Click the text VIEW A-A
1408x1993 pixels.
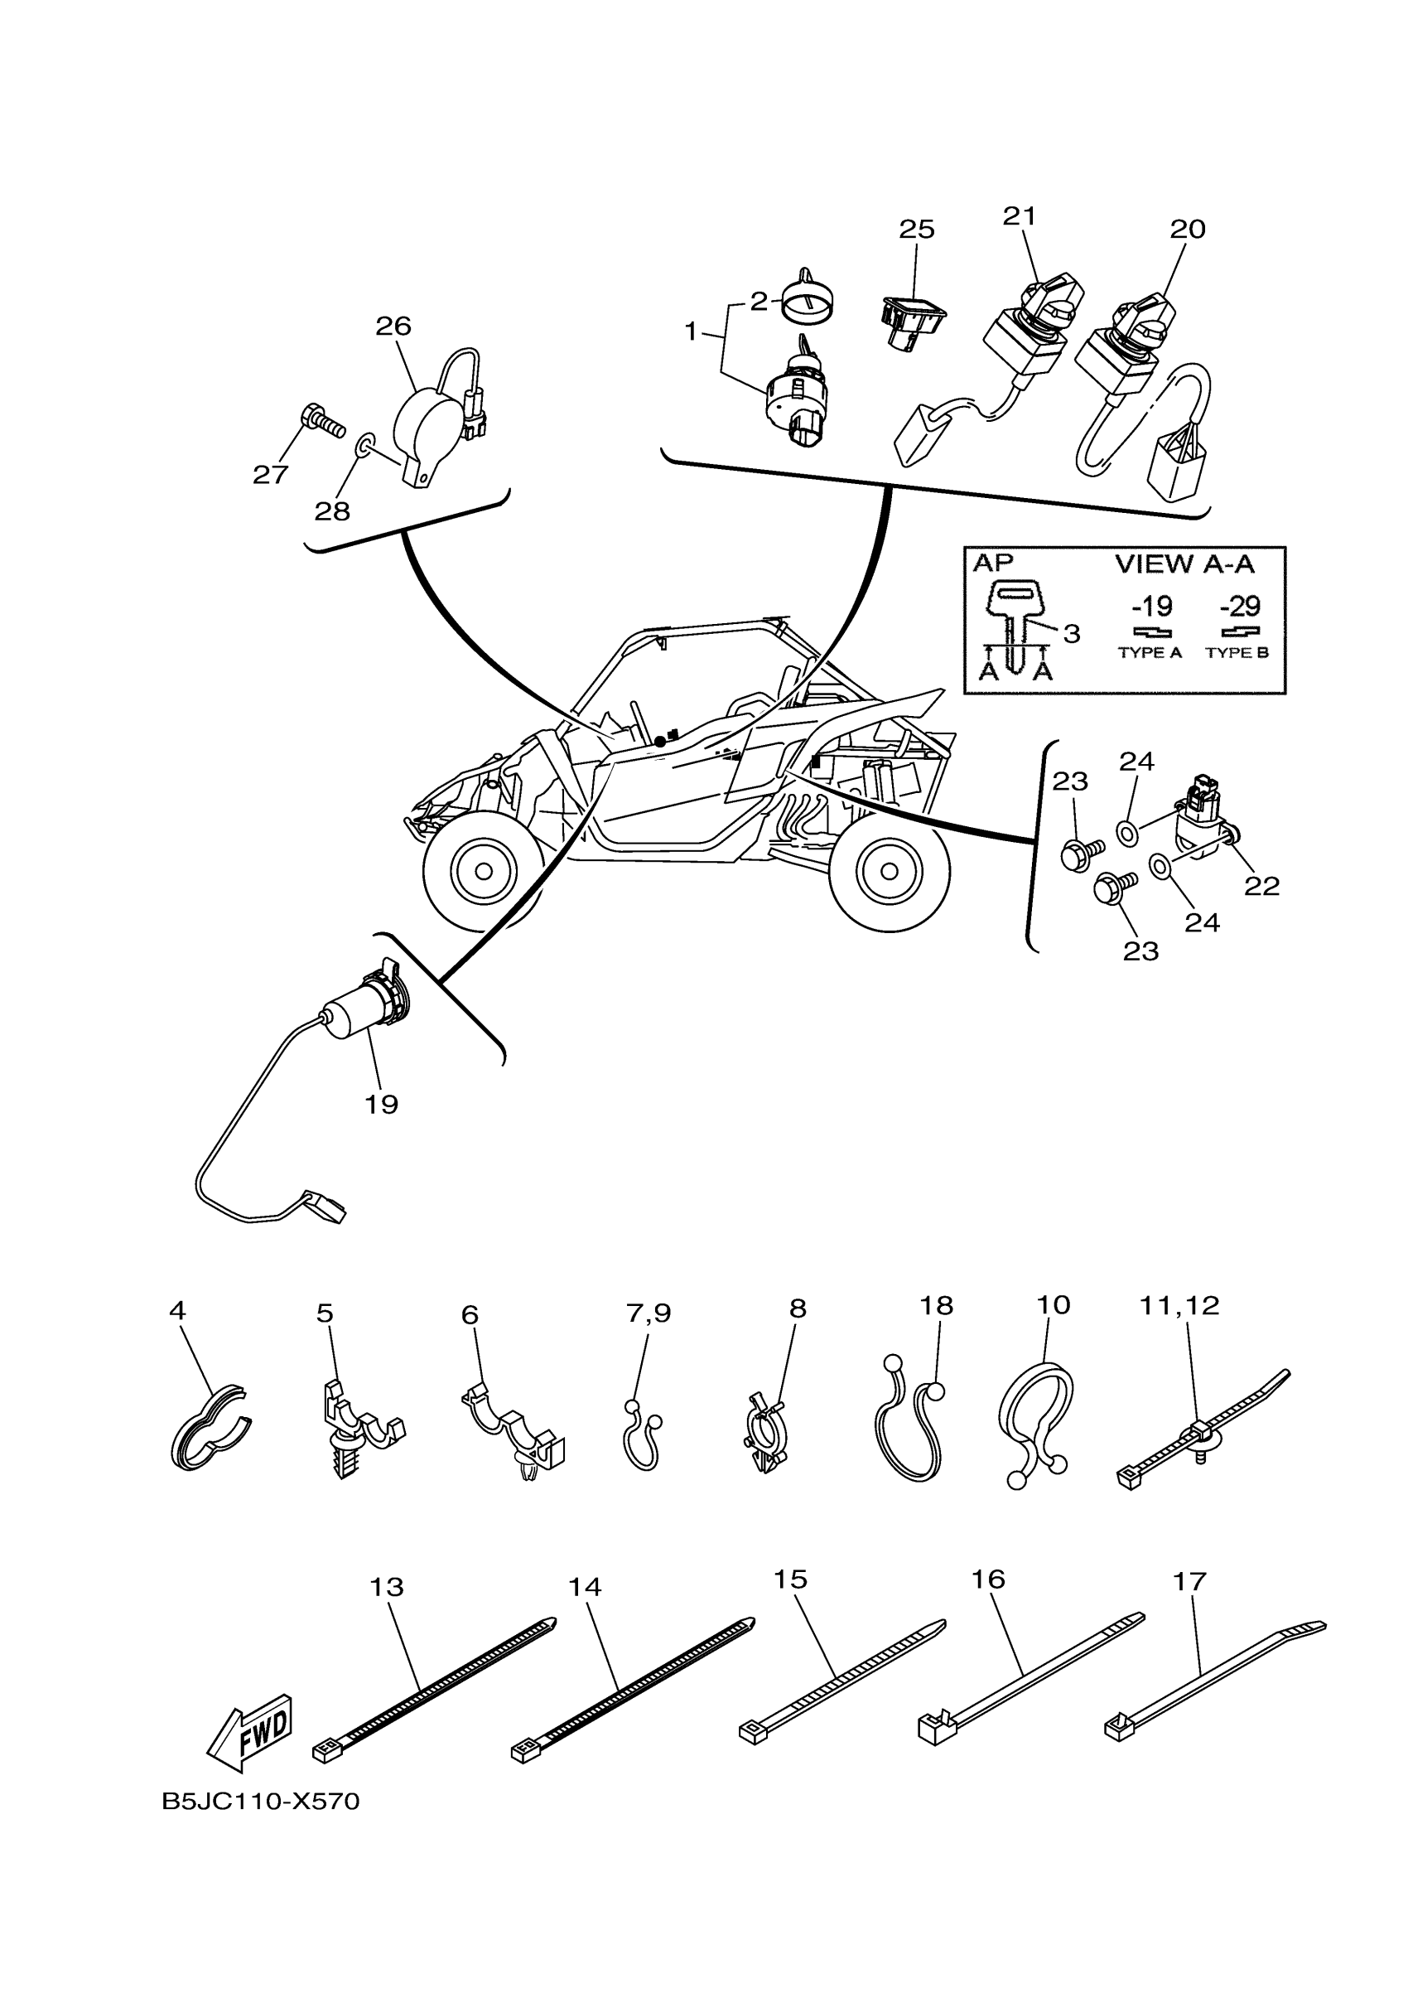1184,564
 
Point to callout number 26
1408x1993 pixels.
392,327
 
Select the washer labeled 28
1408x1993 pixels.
365,446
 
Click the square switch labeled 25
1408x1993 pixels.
911,319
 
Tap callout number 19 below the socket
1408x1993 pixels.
381,1105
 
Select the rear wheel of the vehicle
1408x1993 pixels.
890,871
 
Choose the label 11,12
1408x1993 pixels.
1178,1305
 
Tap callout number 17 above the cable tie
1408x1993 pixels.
1189,1581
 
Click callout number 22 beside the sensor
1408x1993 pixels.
1261,885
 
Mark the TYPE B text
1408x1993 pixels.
1237,653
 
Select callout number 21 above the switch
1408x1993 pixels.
1020,216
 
